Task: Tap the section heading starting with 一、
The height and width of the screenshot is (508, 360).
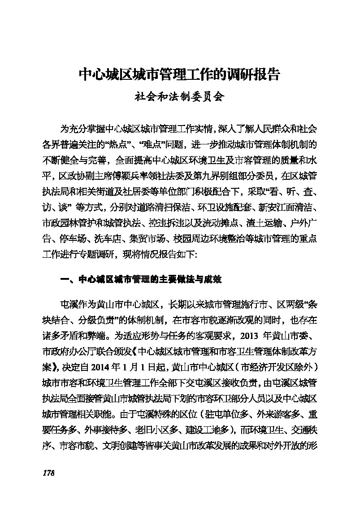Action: [141, 280]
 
